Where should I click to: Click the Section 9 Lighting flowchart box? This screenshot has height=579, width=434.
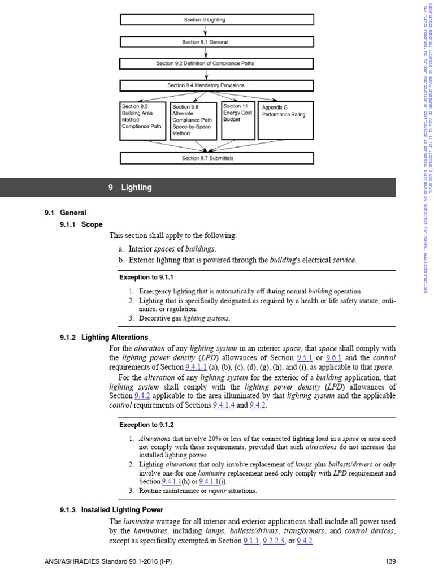[216, 20]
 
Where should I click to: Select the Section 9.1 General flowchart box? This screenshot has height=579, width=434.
[216, 42]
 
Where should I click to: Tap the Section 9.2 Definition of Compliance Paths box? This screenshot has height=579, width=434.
[216, 63]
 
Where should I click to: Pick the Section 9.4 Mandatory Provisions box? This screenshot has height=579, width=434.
[216, 85]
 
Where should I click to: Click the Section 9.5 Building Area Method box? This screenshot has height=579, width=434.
[144, 120]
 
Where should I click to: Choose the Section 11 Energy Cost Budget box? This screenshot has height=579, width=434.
[237, 120]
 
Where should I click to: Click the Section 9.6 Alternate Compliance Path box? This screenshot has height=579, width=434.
[194, 120]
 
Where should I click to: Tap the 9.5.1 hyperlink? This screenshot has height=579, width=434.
[303, 358]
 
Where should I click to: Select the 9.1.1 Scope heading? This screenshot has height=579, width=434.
[81, 224]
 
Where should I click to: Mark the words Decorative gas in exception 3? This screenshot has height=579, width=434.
[160, 318]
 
